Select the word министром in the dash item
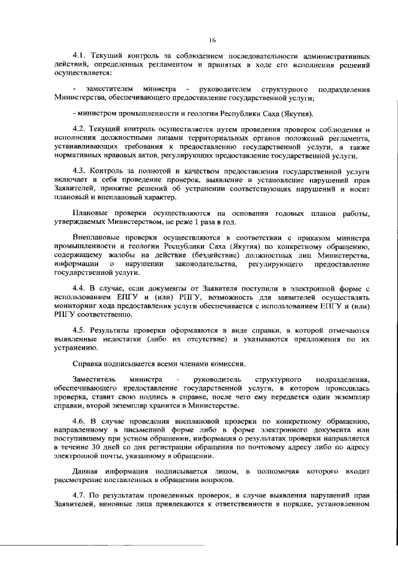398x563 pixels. (98, 113)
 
